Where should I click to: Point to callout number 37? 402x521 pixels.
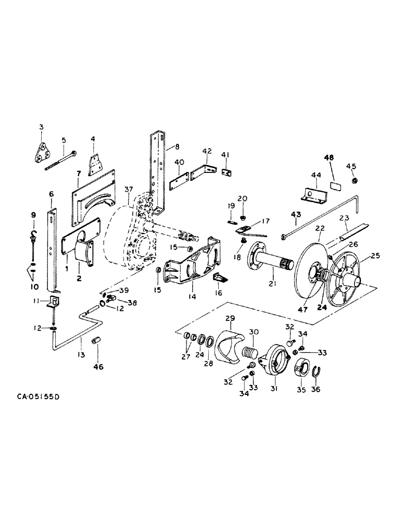pos(128,188)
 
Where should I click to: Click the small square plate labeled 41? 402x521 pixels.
pos(227,172)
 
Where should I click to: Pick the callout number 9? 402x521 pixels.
pos(33,215)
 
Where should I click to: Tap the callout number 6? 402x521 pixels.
pos(51,194)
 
